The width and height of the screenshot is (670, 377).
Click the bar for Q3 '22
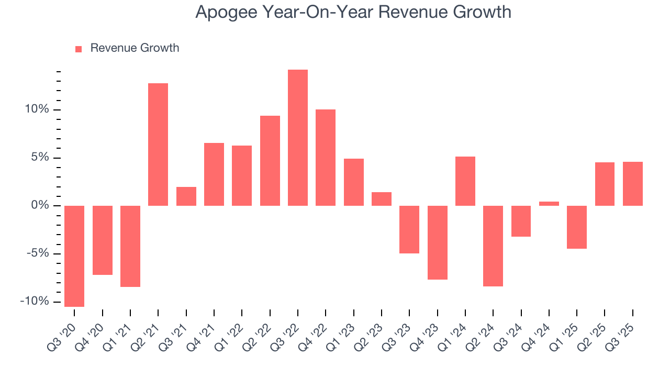298,138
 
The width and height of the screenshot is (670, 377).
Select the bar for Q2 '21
158,145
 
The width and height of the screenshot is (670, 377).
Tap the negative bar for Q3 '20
74,256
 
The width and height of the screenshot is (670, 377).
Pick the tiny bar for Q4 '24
549,204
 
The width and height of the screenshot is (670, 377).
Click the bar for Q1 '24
465,181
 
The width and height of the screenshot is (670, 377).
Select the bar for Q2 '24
493,246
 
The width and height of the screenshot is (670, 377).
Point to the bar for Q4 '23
437,242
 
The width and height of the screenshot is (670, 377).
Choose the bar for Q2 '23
382,199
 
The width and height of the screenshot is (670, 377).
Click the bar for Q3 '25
633,184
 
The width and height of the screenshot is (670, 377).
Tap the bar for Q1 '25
577,227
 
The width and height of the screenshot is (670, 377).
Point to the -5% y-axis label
37,253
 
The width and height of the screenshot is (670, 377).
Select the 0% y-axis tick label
41,206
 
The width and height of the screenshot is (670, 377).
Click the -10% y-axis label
35,302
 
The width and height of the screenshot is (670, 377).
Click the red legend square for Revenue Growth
79,49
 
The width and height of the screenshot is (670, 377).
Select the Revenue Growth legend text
135,48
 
